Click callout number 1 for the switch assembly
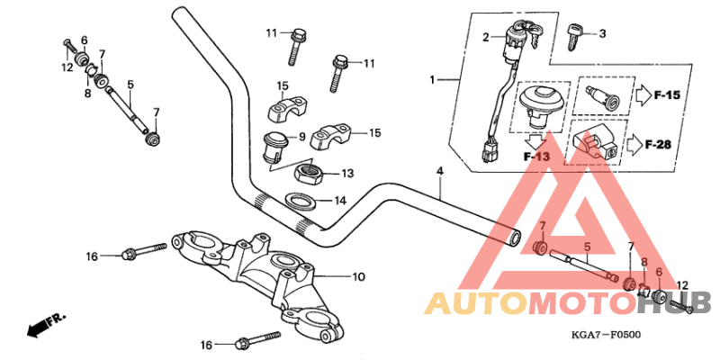[432, 80]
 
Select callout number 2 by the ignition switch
[485, 38]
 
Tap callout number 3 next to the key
[603, 34]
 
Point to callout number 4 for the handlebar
[440, 171]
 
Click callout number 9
[302, 138]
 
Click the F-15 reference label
[668, 94]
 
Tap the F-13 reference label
[536, 157]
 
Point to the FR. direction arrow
[45, 325]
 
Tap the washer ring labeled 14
[300, 201]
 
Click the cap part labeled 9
[272, 144]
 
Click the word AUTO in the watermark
[472, 302]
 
